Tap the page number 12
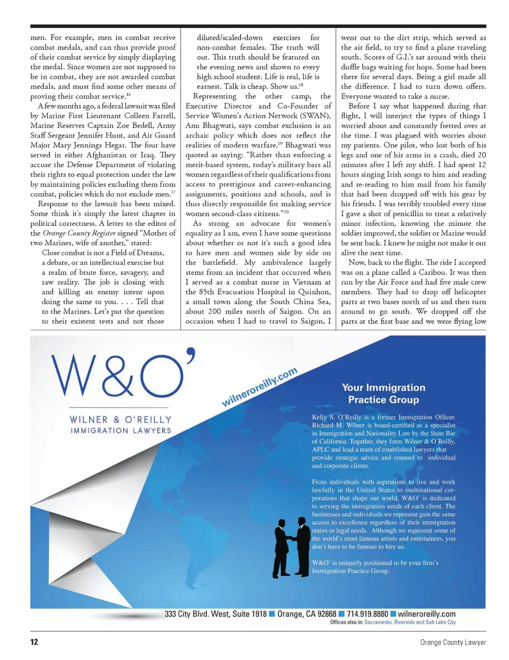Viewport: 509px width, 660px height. [x=34, y=642]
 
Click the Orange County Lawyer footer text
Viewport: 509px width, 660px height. [x=453, y=642]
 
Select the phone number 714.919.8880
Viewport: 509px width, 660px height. [x=367, y=614]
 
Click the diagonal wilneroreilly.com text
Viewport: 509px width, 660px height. [x=259, y=388]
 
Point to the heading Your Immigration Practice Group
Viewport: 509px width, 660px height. [x=383, y=393]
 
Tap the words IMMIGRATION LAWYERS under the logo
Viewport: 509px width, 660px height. [x=121, y=430]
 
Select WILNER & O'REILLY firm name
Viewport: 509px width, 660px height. [x=121, y=419]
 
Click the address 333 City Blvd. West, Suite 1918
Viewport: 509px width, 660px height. [x=215, y=614]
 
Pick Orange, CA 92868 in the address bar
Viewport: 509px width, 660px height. [x=306, y=614]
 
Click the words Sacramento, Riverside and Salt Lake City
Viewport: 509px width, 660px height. [x=410, y=622]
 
